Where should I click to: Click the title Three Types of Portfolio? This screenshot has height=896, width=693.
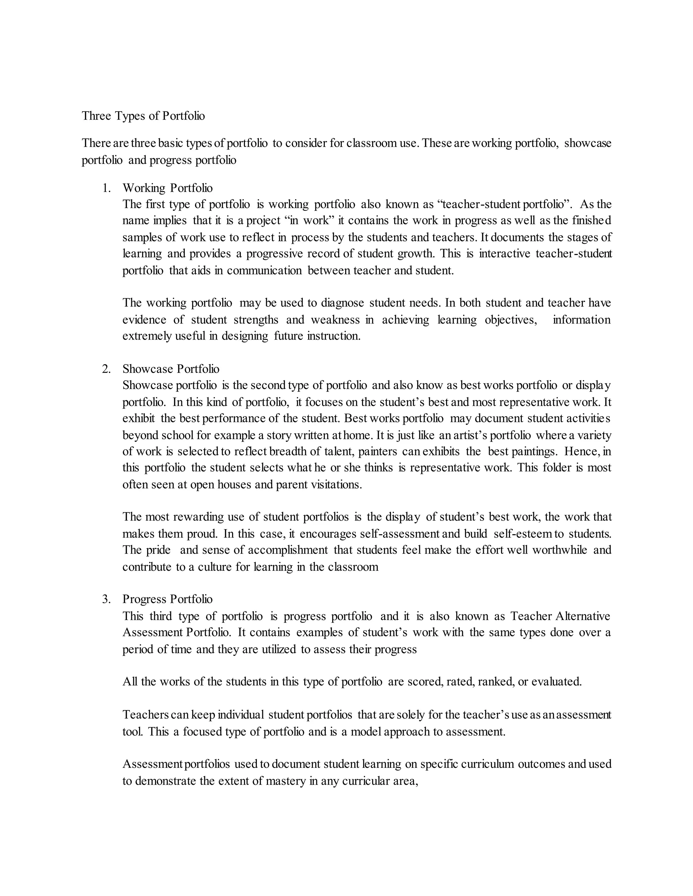(x=143, y=116)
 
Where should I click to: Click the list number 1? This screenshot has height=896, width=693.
(x=106, y=188)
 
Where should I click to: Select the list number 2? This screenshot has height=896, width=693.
(x=106, y=369)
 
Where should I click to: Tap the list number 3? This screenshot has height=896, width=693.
(x=106, y=599)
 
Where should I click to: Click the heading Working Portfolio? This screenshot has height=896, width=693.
(x=167, y=188)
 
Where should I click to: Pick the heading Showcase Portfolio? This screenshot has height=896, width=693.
(x=171, y=369)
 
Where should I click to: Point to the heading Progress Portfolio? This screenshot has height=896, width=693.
(x=167, y=599)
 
